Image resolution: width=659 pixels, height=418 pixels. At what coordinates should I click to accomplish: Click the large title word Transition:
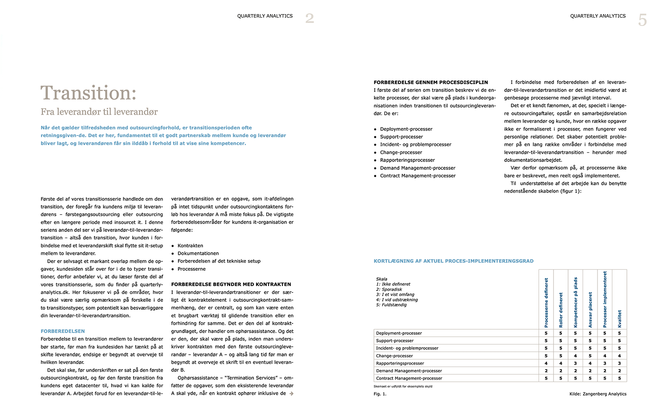click(88, 93)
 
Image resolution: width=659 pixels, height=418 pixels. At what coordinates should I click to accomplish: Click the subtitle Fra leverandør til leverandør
click(99, 112)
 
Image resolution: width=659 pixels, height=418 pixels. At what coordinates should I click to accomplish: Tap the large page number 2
click(310, 18)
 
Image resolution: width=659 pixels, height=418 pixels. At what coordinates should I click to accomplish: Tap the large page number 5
click(642, 20)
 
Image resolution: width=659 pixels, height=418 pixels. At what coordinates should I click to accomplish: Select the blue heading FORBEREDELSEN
click(63, 331)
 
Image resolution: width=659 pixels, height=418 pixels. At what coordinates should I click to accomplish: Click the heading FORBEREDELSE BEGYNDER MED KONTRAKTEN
click(231, 284)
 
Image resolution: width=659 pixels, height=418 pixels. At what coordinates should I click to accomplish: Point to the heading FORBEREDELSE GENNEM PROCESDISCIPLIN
click(431, 82)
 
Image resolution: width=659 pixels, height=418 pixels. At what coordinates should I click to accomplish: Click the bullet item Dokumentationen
click(198, 253)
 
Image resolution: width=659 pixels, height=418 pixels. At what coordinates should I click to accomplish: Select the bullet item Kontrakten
click(190, 246)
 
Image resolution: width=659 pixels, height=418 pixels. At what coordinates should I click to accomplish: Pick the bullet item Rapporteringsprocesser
click(407, 160)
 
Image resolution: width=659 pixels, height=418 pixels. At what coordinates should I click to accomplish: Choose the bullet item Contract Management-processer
click(418, 176)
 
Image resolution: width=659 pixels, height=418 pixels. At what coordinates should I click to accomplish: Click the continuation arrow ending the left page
click(291, 394)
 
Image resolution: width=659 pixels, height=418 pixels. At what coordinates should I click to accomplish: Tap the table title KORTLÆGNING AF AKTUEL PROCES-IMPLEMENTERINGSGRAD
click(453, 261)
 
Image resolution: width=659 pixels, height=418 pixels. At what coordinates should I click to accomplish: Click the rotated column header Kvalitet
click(619, 319)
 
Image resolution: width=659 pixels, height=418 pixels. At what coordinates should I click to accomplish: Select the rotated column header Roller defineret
click(561, 310)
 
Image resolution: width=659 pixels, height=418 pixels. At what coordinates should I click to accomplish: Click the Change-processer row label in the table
click(395, 356)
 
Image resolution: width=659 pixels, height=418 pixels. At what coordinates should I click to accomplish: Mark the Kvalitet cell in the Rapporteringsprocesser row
click(619, 363)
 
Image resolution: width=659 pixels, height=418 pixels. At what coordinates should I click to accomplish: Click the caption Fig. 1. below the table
click(380, 394)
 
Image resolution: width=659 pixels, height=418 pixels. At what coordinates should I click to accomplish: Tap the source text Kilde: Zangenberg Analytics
click(598, 394)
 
